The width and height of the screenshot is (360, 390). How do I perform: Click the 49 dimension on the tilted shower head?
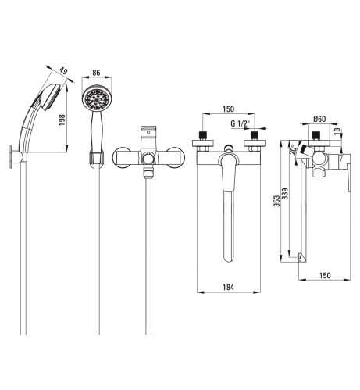point(63,71)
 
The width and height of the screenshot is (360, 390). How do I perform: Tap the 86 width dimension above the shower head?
point(96,73)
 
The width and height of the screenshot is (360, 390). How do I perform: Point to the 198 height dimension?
point(62,120)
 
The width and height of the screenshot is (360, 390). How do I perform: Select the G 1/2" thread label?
point(240,123)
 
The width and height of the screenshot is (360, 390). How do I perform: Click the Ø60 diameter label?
point(319,119)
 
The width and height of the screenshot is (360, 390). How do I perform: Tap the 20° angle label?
point(294,149)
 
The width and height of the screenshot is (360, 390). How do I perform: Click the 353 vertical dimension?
point(276,201)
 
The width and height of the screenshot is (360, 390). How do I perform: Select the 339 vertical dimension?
point(285,194)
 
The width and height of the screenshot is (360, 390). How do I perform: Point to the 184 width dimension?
point(229,287)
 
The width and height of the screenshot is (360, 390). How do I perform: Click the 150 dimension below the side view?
point(325,275)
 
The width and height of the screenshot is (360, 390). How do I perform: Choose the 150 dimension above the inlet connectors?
point(229,109)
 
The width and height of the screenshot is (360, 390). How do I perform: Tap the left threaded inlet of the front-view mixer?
point(203,135)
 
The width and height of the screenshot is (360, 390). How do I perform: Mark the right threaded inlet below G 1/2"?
point(255,135)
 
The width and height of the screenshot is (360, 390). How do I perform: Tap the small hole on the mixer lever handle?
point(148,133)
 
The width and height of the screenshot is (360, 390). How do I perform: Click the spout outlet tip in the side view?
point(301,257)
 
